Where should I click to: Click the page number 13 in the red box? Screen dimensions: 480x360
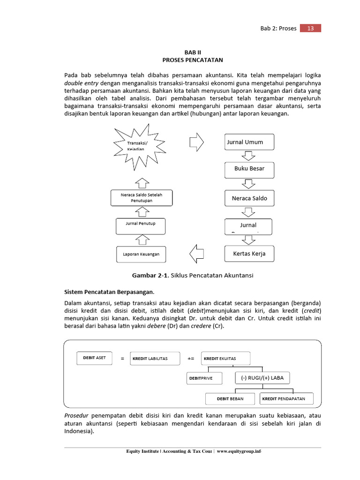point(310,28)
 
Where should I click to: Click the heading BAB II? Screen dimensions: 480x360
point(192,52)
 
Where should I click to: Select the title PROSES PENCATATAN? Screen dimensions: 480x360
point(192,60)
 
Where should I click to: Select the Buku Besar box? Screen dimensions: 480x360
point(249,169)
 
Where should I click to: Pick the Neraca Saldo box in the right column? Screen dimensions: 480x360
point(249,198)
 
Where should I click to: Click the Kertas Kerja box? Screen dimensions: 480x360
point(249,254)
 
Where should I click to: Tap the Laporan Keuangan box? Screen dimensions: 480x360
point(141,254)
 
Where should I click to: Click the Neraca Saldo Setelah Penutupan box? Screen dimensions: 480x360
point(141,198)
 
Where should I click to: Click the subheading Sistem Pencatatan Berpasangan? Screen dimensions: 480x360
point(109,291)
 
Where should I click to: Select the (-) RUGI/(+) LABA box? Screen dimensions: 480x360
point(262,378)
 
